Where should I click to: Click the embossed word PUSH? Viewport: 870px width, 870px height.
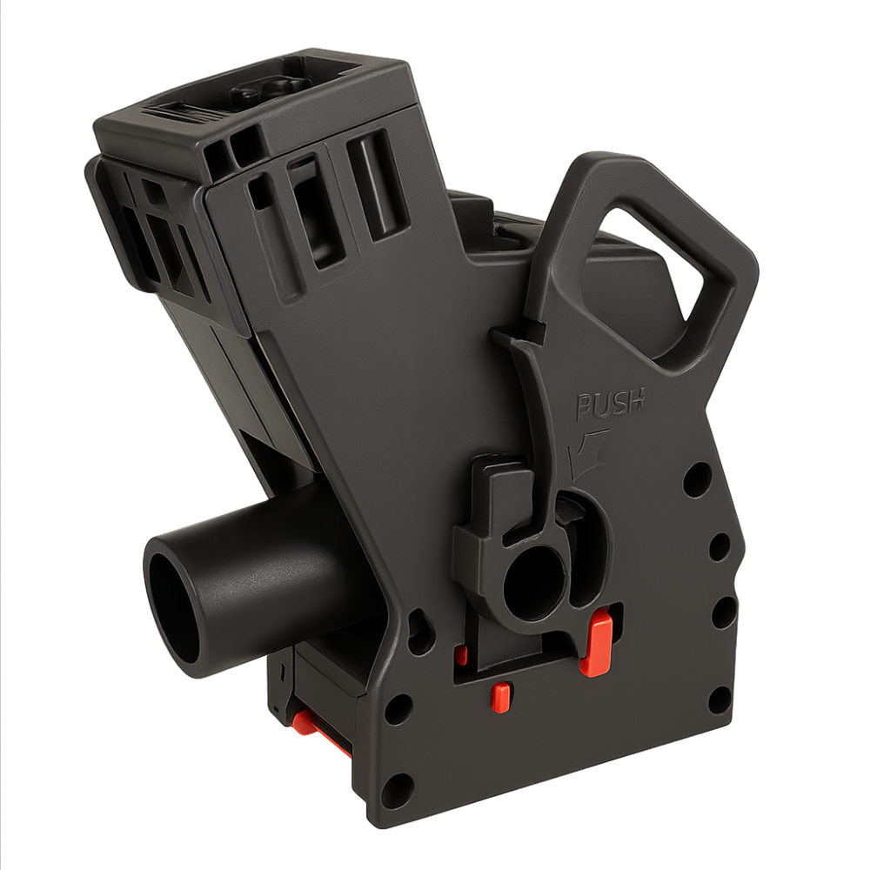pyautogui.click(x=609, y=403)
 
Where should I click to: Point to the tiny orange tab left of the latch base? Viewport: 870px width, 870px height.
pyautogui.click(x=460, y=655)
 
